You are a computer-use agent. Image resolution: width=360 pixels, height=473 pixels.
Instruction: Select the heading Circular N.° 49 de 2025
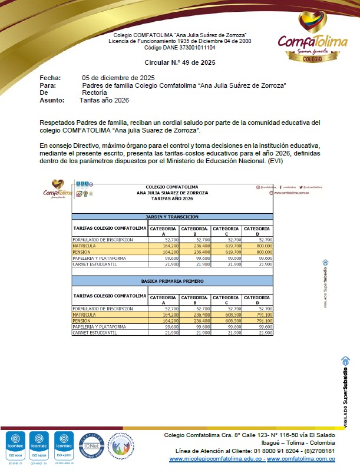point(180,62)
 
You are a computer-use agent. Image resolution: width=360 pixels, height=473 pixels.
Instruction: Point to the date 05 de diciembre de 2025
point(118,78)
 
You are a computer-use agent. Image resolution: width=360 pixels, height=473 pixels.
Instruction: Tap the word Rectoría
point(94,92)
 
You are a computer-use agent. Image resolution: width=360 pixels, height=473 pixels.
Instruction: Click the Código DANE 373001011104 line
point(180,47)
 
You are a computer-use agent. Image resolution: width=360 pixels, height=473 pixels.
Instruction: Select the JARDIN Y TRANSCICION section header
point(172,217)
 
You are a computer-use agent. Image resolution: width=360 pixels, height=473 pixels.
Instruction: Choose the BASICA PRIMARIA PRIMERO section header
point(172,282)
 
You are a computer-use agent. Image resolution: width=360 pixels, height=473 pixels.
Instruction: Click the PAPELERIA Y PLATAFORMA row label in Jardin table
point(99,258)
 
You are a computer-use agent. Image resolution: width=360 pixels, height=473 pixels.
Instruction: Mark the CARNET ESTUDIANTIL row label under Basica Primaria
point(94,333)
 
